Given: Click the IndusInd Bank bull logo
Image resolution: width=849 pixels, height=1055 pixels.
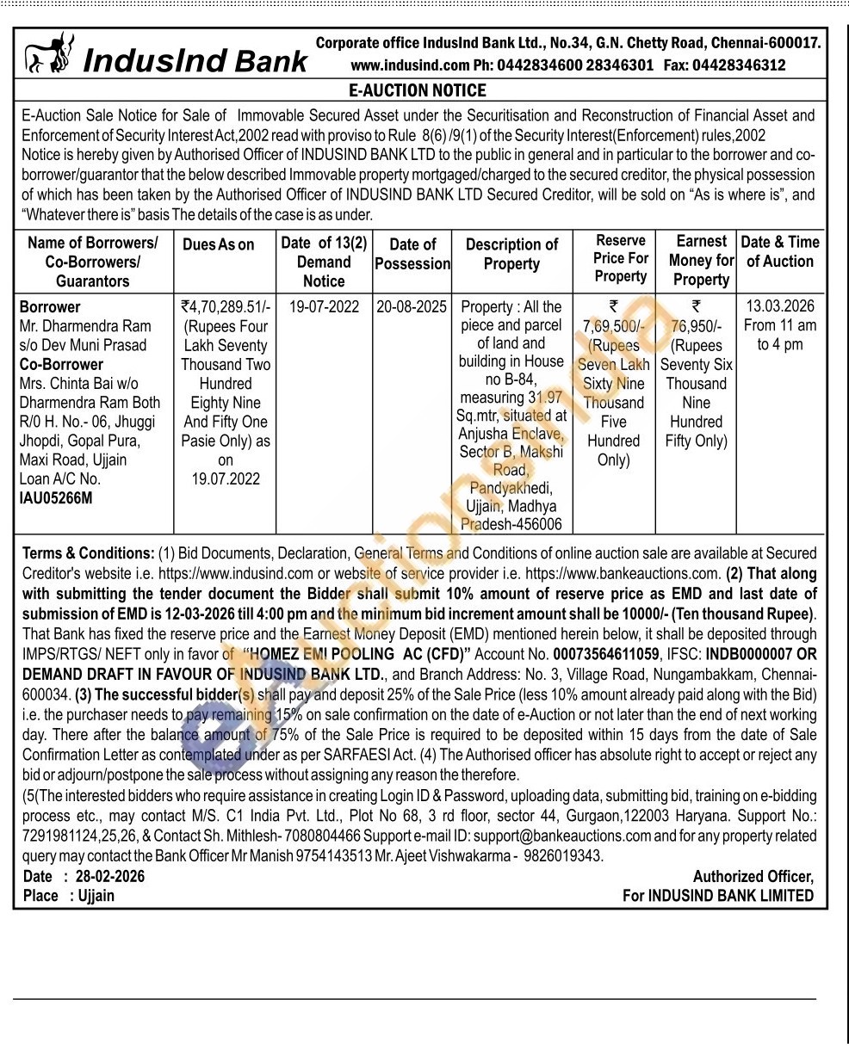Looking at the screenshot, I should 49,53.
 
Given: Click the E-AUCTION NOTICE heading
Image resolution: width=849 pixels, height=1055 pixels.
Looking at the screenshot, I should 418,90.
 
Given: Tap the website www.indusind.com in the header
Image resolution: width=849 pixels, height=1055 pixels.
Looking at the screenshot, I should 410,65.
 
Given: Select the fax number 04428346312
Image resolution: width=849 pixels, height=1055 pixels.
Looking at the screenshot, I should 739,65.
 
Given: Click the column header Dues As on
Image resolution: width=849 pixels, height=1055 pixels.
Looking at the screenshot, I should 219,244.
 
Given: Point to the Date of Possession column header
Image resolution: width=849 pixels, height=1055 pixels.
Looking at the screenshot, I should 412,254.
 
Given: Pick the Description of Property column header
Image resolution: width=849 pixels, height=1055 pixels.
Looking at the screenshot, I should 511,254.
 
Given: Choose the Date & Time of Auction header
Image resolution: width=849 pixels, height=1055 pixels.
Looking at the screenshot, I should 780,251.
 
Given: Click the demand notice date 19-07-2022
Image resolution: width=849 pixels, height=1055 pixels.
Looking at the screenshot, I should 324,307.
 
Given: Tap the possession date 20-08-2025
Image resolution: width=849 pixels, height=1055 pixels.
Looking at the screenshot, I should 412,307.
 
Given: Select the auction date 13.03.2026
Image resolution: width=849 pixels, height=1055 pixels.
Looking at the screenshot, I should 780,306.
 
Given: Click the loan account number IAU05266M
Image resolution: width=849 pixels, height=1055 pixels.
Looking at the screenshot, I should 56,497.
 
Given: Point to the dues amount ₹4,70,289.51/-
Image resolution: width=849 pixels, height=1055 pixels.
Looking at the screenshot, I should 226,307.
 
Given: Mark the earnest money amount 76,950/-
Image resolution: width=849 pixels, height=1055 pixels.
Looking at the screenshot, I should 696,326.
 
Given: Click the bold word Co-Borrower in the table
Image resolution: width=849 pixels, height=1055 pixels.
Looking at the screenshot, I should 60,364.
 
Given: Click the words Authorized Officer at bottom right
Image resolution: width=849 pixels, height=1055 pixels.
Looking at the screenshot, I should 753,876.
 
